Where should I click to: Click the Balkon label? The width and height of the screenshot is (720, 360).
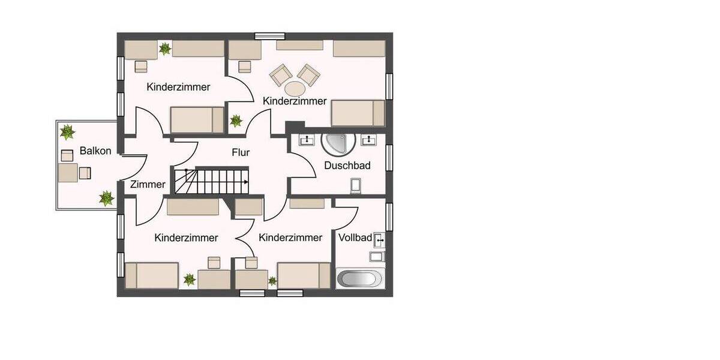[95, 151]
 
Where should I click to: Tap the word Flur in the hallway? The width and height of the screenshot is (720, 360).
[241, 153]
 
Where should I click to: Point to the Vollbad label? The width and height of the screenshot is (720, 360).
[355, 238]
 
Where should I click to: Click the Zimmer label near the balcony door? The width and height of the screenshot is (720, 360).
[148, 184]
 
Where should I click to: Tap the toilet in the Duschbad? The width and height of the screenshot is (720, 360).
[356, 187]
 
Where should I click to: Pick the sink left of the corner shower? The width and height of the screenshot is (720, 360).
[307, 140]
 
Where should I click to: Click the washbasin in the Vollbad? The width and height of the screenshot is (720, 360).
[379, 241]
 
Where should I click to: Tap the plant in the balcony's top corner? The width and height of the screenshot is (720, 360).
[67, 131]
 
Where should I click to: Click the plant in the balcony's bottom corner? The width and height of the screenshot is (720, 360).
[106, 197]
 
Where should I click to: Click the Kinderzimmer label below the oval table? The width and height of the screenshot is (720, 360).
[295, 101]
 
